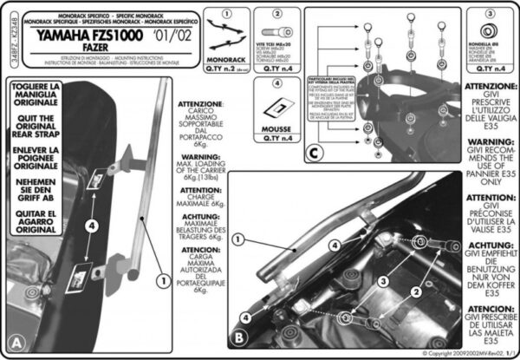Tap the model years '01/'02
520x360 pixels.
tap(166, 37)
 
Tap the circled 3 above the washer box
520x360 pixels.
tap(491, 16)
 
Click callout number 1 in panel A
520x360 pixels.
tap(160, 281)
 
